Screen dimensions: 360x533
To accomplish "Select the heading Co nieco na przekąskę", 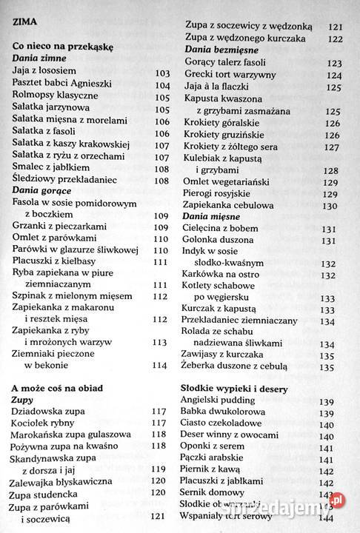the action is pos(61,46).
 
